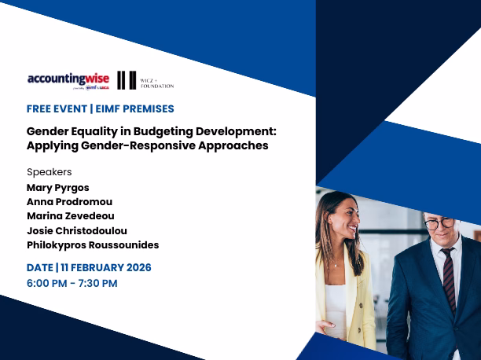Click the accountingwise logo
65,79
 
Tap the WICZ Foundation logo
145,80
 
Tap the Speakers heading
49,171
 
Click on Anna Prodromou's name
69,202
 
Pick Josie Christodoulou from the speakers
77,230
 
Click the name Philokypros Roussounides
93,245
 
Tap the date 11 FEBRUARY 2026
106,268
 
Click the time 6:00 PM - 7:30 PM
72,283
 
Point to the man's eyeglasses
439,224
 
